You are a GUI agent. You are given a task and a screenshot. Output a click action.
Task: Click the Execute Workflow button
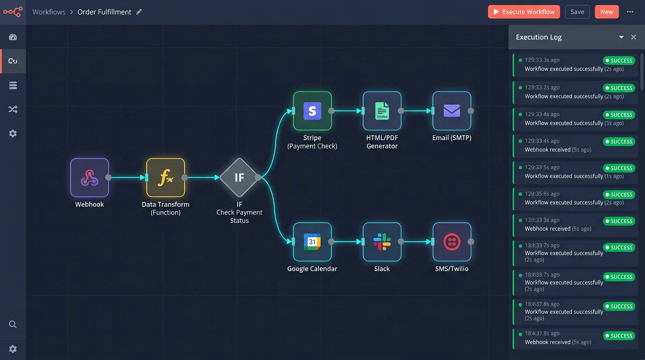[524, 12]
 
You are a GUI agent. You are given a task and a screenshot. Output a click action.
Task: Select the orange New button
[607, 12]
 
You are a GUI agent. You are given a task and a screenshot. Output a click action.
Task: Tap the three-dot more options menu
[630, 12]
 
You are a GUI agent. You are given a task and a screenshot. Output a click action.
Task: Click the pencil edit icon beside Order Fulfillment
[139, 12]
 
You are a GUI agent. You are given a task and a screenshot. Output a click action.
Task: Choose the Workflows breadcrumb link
[49, 12]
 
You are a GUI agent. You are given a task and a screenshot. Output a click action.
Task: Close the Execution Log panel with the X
[634, 37]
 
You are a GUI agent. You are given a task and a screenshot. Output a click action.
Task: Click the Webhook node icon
[90, 178]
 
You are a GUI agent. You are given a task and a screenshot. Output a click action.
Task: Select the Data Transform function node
[165, 178]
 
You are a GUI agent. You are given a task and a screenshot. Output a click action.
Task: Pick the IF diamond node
[239, 178]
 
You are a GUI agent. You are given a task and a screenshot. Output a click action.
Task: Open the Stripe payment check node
[312, 111]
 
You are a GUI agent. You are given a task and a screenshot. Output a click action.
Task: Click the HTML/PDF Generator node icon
[382, 111]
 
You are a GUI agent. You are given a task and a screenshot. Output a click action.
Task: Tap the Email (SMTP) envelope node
[451, 111]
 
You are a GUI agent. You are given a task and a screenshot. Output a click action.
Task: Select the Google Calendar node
[312, 242]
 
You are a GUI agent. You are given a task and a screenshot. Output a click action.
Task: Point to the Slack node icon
[382, 242]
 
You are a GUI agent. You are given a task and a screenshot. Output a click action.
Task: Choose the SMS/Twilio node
[451, 242]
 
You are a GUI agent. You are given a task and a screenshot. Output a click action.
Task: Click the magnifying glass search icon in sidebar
[13, 324]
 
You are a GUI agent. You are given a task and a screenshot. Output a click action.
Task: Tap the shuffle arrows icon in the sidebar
[13, 110]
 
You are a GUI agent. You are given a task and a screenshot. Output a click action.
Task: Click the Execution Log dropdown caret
[621, 37]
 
